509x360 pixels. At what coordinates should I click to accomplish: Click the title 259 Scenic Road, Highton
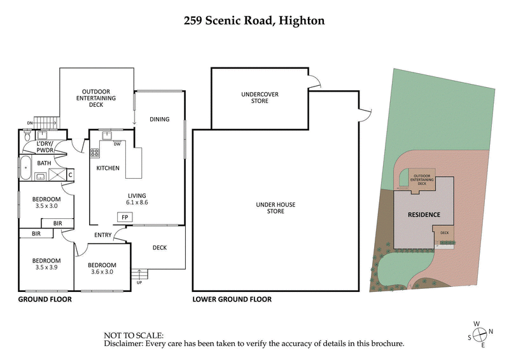(254, 21)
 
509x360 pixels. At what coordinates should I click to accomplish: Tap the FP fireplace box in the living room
(125, 217)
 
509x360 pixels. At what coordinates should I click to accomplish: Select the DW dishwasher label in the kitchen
(117, 144)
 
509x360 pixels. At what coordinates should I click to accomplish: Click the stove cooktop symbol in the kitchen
(95, 153)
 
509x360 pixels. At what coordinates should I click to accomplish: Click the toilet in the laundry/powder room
(26, 136)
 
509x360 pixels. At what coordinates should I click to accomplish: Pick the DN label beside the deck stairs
(29, 123)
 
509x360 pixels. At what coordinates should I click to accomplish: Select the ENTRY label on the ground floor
(103, 235)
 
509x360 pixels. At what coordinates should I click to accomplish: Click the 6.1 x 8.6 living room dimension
(137, 203)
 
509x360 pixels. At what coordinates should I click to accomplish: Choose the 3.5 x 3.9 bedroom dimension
(47, 268)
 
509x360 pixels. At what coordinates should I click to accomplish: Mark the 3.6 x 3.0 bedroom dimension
(102, 272)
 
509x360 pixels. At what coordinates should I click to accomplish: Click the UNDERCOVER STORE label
(260, 97)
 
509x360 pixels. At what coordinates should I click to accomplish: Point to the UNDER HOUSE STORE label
(275, 207)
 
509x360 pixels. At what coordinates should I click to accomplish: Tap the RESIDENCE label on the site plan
(424, 214)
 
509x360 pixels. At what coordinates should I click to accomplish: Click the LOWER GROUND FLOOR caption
(232, 299)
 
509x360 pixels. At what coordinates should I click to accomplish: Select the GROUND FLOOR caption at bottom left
(45, 299)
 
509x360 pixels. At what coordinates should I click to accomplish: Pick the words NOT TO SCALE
(134, 335)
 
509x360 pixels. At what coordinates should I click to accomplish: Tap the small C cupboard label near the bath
(70, 174)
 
